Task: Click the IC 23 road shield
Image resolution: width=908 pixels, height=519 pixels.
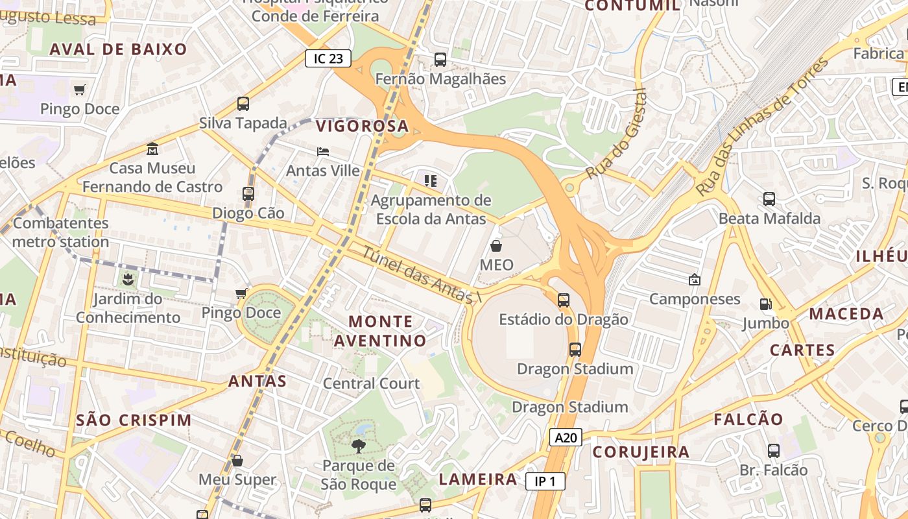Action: click(328, 58)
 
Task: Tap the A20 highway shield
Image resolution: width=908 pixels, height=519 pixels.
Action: click(566, 437)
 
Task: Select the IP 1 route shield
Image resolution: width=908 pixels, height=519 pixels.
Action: click(545, 481)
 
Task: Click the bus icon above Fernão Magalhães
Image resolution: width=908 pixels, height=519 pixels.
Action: click(440, 60)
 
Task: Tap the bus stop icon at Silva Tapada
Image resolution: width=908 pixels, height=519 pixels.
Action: click(243, 103)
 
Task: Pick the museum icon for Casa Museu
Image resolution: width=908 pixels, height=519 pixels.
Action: click(152, 149)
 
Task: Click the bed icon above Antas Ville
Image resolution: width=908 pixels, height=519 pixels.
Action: click(323, 151)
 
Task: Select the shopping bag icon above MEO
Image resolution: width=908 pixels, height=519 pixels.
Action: click(496, 246)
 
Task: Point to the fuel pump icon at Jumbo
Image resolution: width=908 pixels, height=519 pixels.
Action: click(766, 304)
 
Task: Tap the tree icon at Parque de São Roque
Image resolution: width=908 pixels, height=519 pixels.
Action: click(358, 446)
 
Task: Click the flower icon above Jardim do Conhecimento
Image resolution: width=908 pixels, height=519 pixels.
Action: click(127, 280)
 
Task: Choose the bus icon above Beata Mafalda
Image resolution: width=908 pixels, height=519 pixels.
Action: click(769, 199)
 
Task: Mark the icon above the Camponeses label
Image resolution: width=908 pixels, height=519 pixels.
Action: click(695, 280)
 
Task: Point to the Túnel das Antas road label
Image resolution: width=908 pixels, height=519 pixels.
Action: click(418, 276)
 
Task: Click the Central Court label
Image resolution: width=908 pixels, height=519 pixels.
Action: click(371, 383)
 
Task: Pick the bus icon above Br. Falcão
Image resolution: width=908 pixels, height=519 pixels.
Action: click(773, 450)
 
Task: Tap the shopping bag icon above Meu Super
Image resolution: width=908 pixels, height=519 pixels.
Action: click(237, 461)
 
